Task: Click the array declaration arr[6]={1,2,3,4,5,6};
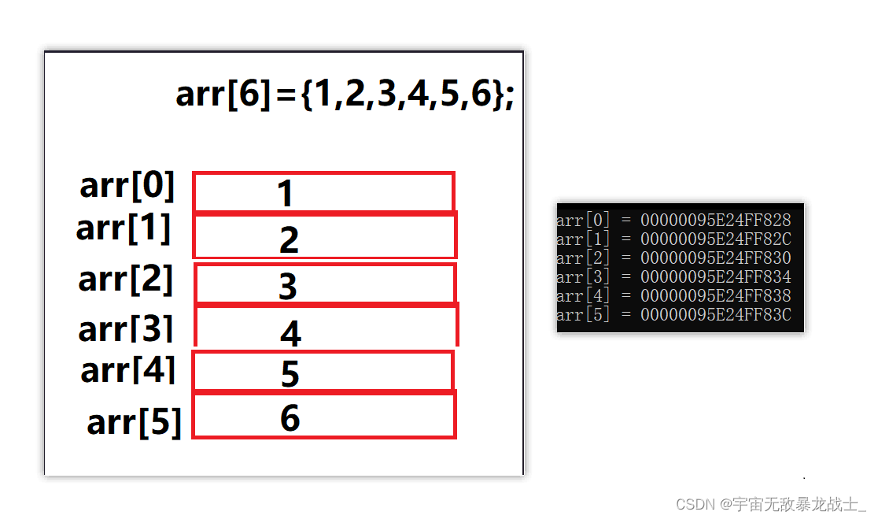(345, 95)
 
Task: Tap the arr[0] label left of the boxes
(127, 187)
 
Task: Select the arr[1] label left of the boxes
(124, 228)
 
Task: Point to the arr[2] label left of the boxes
(125, 279)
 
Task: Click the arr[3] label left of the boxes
(125, 329)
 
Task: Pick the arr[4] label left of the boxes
(127, 370)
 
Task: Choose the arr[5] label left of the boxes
(134, 422)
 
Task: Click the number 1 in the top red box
(285, 194)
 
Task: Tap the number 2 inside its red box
(289, 239)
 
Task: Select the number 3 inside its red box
(288, 287)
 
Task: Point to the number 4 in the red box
(290, 333)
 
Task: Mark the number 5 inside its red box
(290, 373)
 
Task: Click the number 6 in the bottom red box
(290, 417)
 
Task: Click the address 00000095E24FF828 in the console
(715, 220)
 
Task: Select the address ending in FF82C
(715, 239)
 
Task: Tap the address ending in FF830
(715, 258)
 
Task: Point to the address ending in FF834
(715, 277)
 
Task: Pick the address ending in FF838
(715, 296)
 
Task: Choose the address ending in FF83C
(715, 315)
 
